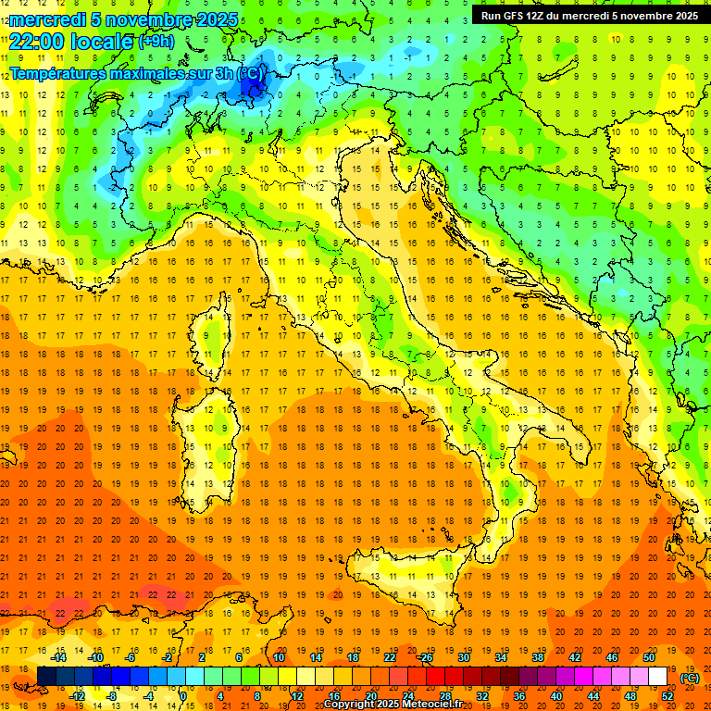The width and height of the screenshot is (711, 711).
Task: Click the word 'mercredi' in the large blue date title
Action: click(48, 19)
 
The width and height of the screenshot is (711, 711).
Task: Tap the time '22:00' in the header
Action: click(34, 42)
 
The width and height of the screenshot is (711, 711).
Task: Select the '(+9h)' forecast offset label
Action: click(155, 42)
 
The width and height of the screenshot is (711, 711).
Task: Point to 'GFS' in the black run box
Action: click(516, 16)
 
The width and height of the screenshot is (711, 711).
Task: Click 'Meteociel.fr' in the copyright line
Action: click(439, 705)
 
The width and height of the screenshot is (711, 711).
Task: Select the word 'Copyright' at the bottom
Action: click(350, 705)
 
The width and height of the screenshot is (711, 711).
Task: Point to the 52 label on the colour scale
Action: click(667, 696)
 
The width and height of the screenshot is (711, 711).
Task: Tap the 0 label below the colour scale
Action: click(183, 696)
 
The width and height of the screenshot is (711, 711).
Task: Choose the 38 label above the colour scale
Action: click(537, 657)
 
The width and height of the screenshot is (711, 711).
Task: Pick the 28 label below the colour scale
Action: click(444, 696)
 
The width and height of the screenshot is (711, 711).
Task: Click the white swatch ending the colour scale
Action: click(657, 677)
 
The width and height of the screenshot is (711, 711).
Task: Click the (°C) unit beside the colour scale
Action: click(690, 678)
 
